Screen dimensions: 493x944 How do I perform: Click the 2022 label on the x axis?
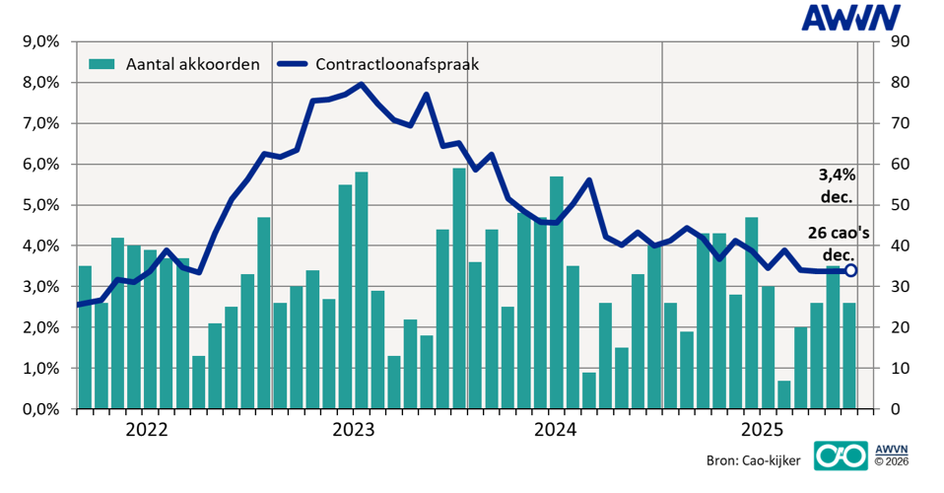pos(148,430)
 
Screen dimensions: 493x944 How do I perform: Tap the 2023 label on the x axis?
pos(352,430)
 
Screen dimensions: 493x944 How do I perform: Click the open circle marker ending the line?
pos(850,270)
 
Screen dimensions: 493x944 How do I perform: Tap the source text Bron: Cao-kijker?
pos(752,460)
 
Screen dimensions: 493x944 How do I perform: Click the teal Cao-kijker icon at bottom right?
pos(838,456)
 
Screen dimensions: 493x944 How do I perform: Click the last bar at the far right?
pos(849,356)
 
